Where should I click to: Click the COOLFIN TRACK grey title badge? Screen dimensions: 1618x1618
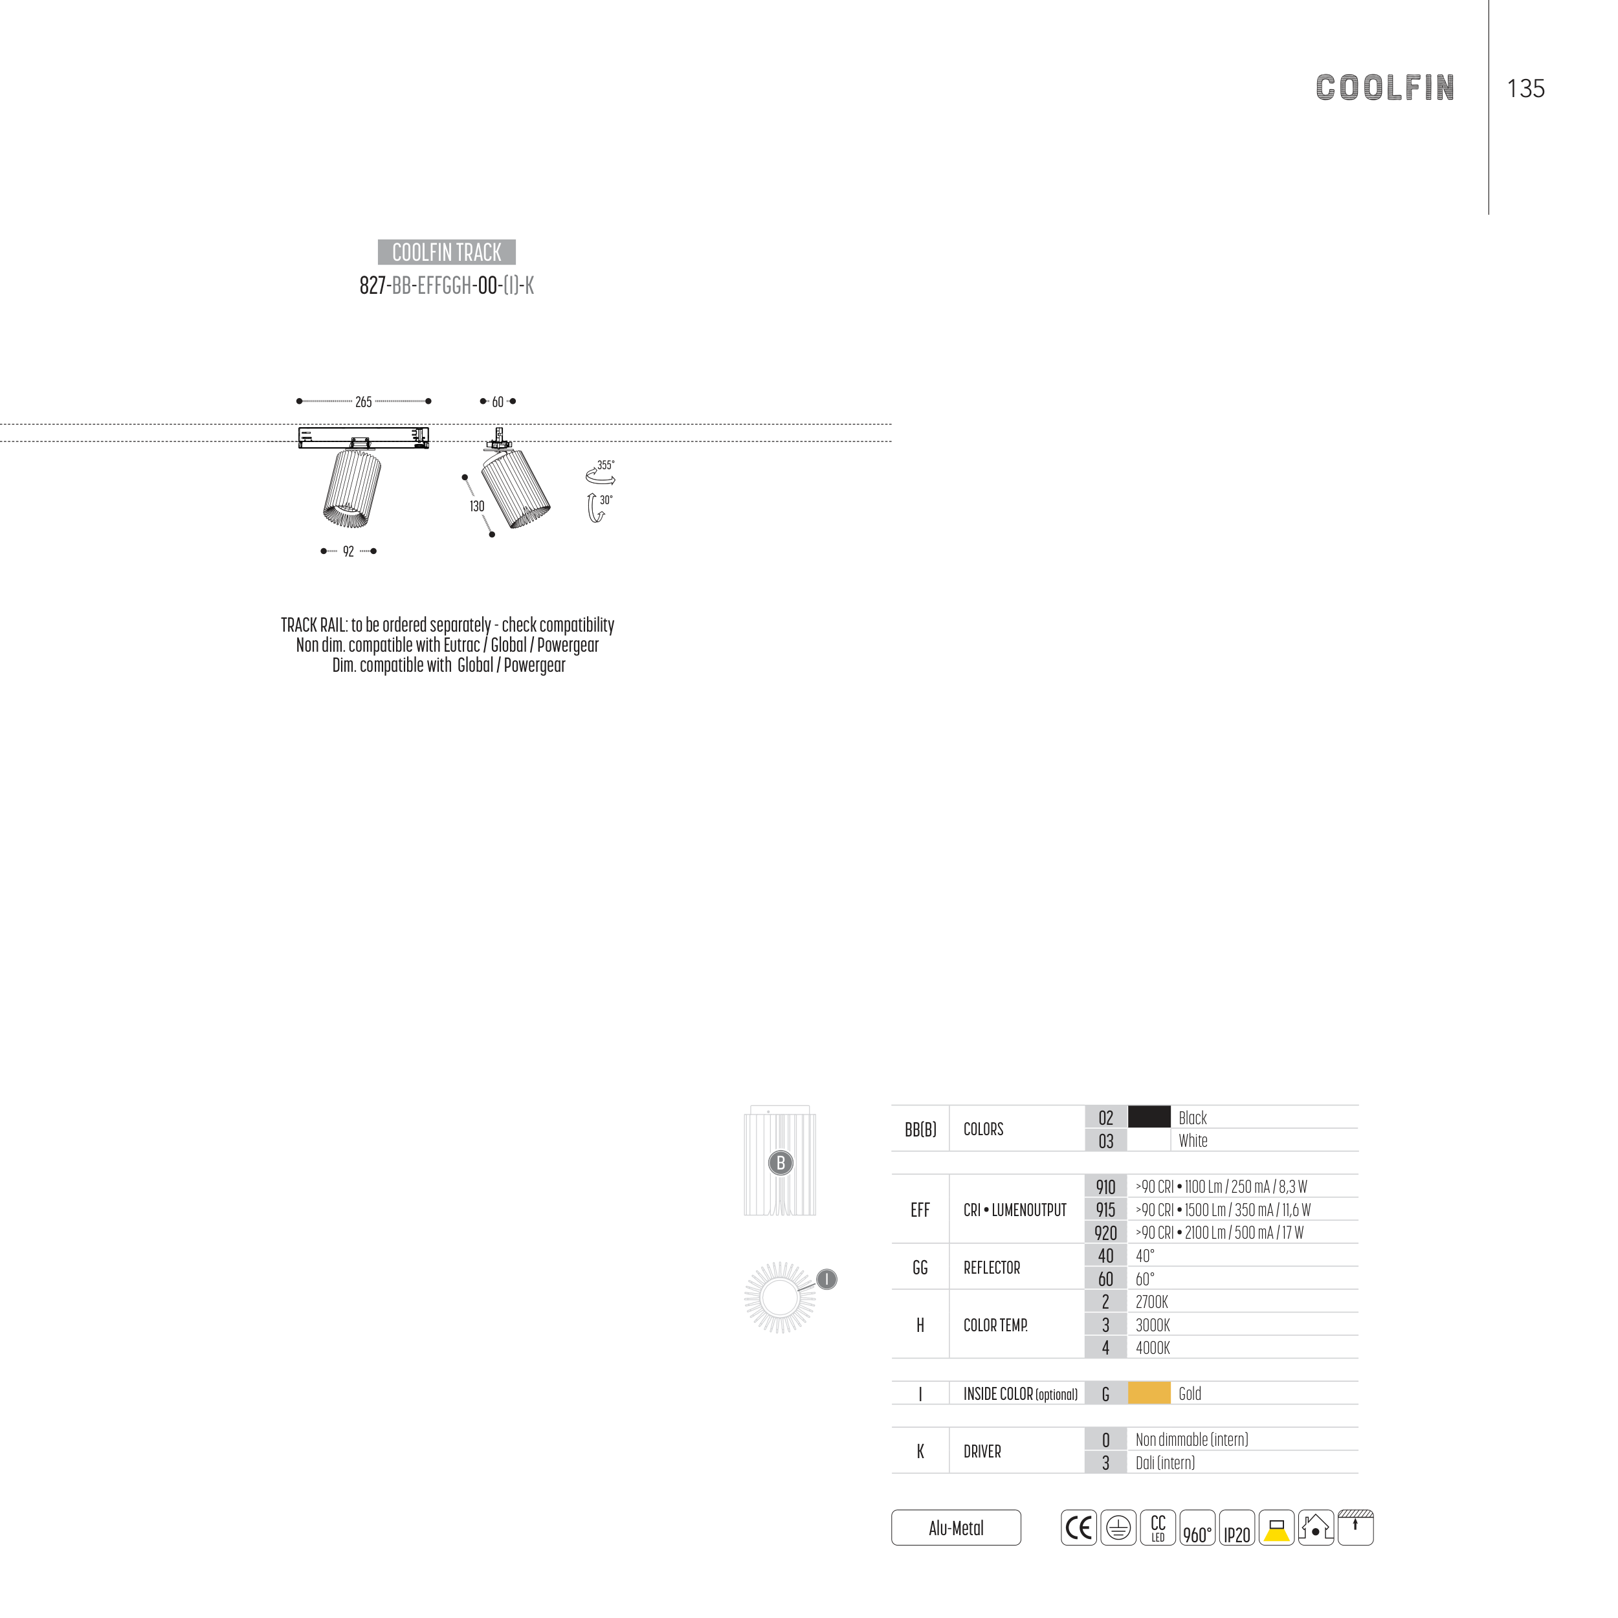coord(447,252)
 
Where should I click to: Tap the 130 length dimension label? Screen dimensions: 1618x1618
coord(476,507)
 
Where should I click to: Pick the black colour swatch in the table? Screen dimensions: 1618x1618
coord(1148,1117)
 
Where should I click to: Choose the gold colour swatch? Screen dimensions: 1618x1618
coord(1148,1393)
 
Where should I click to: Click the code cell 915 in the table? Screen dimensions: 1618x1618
coord(1105,1210)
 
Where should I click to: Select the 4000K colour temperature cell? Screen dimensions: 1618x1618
coord(1153,1348)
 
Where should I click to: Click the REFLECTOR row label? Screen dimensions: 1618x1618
coord(992,1268)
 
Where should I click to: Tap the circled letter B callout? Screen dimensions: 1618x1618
coord(781,1162)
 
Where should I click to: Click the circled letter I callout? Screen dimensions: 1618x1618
coord(826,1279)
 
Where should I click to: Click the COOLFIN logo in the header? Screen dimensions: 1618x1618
coord(1384,88)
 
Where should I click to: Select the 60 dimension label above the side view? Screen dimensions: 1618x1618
coord(498,402)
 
